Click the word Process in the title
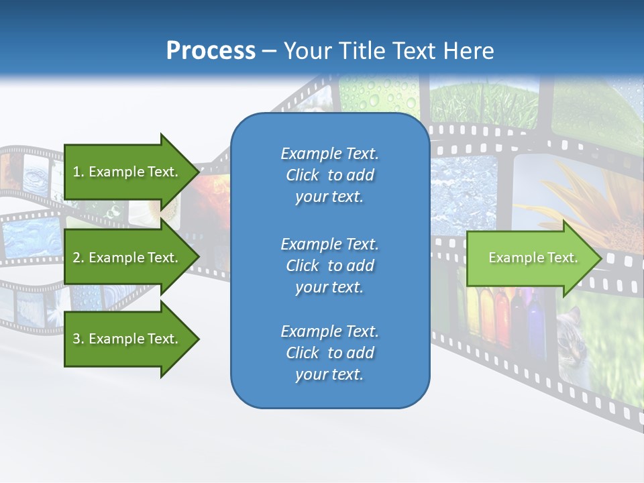click(211, 51)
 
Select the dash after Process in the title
click(269, 52)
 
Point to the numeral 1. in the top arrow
click(78, 172)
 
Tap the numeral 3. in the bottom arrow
click(78, 339)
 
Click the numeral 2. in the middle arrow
click(78, 258)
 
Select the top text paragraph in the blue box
click(329, 175)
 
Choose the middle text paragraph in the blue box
click(329, 266)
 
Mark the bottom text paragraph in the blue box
click(329, 353)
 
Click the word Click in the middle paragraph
click(303, 266)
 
